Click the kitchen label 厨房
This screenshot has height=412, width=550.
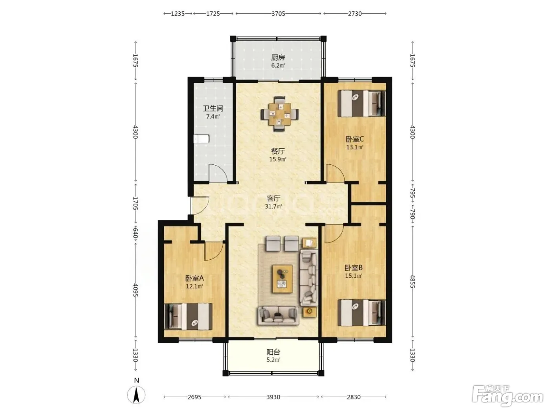(x=278, y=58)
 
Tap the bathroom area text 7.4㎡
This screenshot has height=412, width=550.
(x=213, y=116)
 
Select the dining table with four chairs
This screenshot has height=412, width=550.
(x=279, y=114)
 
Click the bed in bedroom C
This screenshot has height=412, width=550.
(x=361, y=103)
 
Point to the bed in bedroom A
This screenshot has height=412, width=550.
(x=188, y=316)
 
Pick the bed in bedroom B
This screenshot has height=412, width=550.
(x=361, y=313)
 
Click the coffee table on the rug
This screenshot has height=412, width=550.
(x=282, y=279)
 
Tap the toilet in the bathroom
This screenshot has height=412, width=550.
(x=202, y=139)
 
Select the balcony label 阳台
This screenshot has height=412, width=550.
(x=273, y=352)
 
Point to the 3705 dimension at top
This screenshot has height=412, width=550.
(x=279, y=13)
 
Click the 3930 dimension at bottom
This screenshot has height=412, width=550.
(x=273, y=397)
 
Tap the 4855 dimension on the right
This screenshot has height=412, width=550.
(x=412, y=282)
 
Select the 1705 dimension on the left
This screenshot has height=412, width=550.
(x=135, y=203)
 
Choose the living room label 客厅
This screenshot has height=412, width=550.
(x=273, y=199)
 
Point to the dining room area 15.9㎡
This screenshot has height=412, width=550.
(x=278, y=159)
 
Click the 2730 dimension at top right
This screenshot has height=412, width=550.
(x=355, y=13)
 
